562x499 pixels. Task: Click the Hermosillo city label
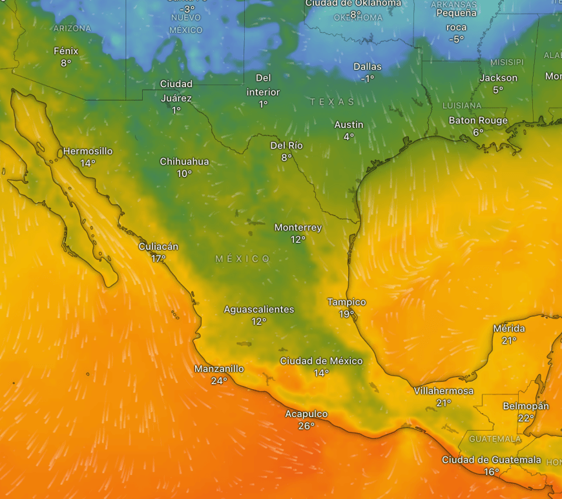88,152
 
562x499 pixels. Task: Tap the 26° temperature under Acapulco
306,426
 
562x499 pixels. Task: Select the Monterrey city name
298,228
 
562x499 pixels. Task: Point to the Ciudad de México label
321,361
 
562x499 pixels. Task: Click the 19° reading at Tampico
346,314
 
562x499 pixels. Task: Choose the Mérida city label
509,329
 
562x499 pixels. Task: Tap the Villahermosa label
444,391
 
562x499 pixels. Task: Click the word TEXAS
332,102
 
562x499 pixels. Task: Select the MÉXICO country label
243,259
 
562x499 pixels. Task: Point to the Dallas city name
368,66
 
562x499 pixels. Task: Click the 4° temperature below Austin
349,137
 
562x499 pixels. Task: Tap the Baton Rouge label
478,121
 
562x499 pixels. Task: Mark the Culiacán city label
158,247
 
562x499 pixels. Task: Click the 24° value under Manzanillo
219,381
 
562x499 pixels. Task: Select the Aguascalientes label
259,309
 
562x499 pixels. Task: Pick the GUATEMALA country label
495,439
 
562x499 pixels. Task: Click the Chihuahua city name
184,161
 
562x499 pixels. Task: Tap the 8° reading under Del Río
286,158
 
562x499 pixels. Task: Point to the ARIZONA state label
72,28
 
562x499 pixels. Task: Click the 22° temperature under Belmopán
526,418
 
